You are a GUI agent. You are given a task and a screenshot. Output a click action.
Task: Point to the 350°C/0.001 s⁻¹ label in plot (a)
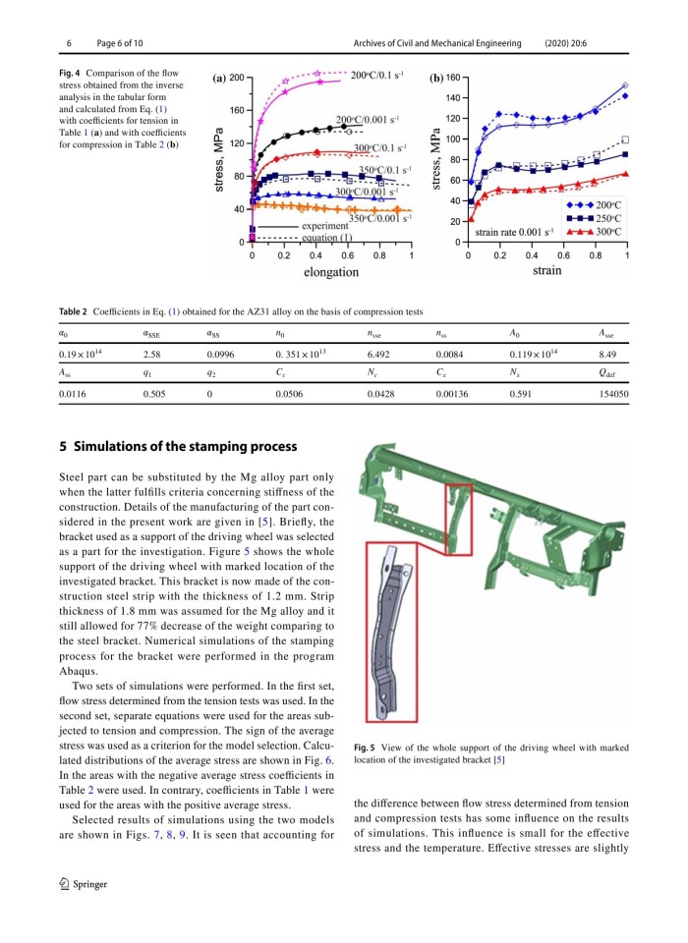[x=379, y=219]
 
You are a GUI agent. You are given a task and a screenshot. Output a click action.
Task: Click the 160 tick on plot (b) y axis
[x=452, y=77]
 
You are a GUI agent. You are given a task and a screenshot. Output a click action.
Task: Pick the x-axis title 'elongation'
[x=331, y=272]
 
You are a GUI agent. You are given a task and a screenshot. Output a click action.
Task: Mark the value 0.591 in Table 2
[x=521, y=393]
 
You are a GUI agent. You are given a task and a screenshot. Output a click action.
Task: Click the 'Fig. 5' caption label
[x=367, y=748]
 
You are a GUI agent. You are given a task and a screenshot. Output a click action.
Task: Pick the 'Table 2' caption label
[x=76, y=311]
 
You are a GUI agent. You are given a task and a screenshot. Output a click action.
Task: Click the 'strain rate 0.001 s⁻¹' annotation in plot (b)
[x=514, y=232]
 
